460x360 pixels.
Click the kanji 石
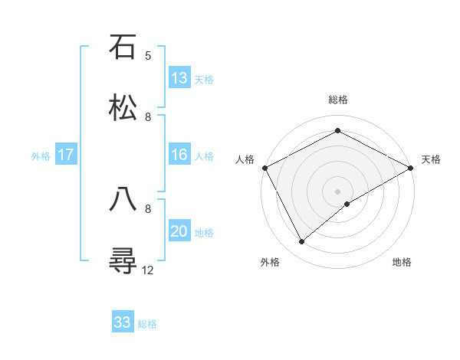(x=123, y=47)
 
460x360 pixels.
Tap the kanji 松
(x=123, y=108)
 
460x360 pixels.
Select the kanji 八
(x=123, y=199)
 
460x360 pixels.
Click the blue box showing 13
(x=179, y=78)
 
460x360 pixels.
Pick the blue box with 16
(x=179, y=155)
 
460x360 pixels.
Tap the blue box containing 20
(x=179, y=231)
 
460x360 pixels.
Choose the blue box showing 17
(x=66, y=155)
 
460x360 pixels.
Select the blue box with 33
(x=123, y=322)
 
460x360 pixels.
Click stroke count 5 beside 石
(x=148, y=56)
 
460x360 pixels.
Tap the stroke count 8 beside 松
(x=148, y=116)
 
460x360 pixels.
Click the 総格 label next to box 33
(x=147, y=324)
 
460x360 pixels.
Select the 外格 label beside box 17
(x=41, y=155)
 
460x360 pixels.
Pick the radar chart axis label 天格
(x=431, y=159)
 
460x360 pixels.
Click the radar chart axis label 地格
(x=402, y=263)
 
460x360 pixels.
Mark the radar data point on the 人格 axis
(x=264, y=168)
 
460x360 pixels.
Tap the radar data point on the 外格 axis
(x=302, y=242)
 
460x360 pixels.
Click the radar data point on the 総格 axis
(x=337, y=131)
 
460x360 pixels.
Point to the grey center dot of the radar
(x=337, y=191)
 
